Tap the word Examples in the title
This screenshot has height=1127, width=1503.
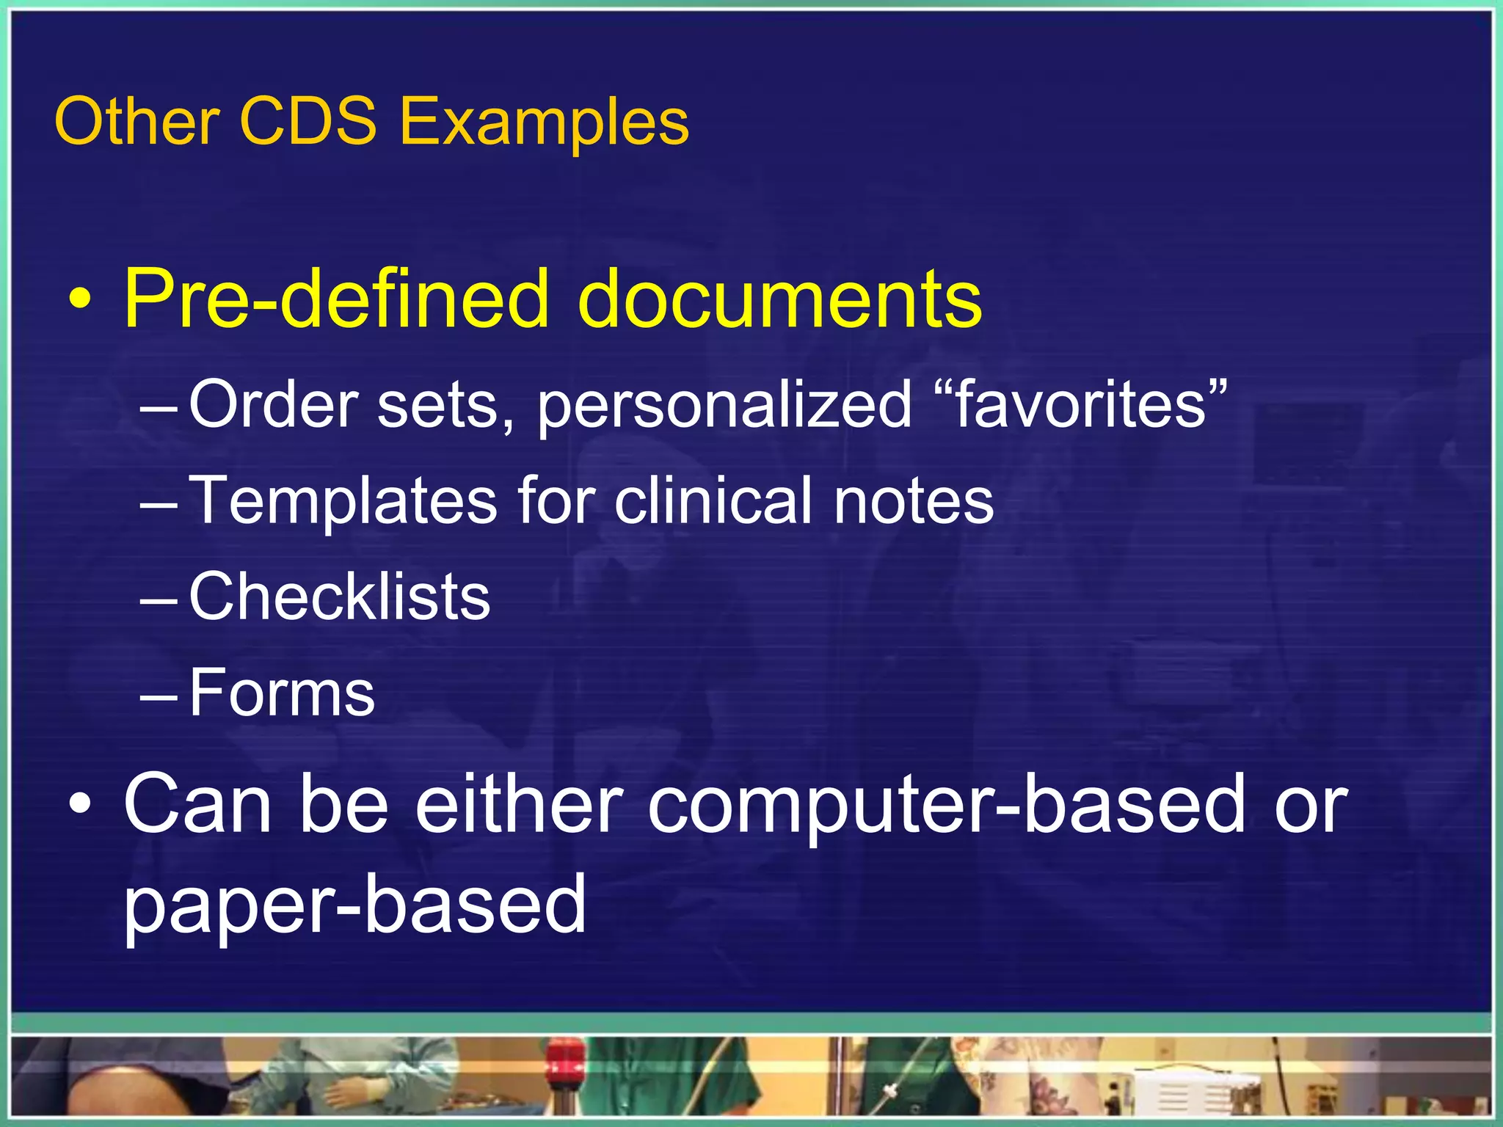tap(544, 123)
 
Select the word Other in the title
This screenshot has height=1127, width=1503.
tap(137, 121)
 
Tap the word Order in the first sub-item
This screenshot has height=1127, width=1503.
tap(273, 404)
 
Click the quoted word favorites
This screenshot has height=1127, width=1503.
tap(1080, 404)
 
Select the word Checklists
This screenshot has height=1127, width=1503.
tap(339, 597)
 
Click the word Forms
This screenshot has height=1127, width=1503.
tap(282, 693)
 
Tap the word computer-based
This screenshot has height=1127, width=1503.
tap(945, 806)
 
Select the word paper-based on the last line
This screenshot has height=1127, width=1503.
tap(355, 904)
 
